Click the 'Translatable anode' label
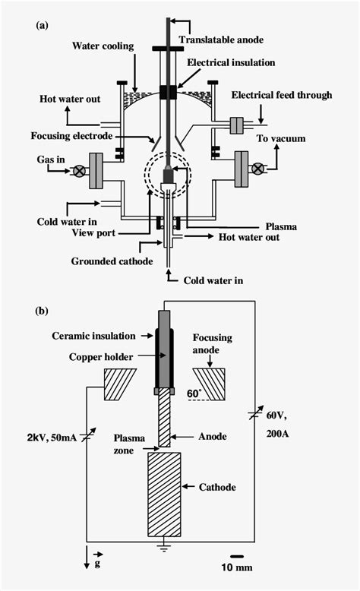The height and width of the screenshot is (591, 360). click(221, 40)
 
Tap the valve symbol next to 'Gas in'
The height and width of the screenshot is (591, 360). click(79, 172)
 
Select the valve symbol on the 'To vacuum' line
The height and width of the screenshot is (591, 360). click(258, 169)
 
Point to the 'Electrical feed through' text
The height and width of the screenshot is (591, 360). click(282, 95)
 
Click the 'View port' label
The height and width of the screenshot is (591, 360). click(93, 233)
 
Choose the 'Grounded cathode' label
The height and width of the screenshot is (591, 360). click(112, 261)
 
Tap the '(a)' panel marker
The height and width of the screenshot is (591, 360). click(42, 26)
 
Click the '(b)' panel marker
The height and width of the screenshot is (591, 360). click(42, 311)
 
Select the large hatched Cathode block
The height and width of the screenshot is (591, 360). click(164, 494)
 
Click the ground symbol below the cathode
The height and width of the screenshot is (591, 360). click(164, 546)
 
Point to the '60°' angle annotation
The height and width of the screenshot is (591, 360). click(194, 393)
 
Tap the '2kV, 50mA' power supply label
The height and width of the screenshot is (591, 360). click(52, 438)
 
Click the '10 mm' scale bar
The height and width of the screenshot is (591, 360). click(237, 556)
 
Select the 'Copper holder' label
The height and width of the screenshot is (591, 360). click(101, 357)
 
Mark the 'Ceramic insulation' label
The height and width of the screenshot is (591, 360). click(93, 336)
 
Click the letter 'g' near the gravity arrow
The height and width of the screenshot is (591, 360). click(97, 564)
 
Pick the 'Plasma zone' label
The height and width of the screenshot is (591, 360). click(129, 444)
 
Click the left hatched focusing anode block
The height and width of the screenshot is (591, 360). click(119, 384)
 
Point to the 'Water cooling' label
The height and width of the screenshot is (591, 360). click(103, 46)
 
